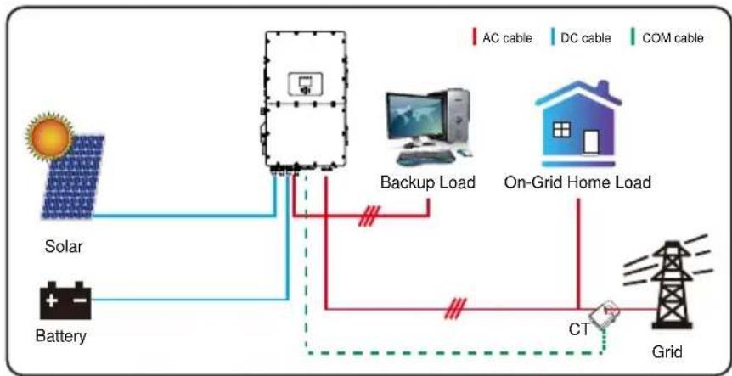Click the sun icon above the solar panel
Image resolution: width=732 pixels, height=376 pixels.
[x=49, y=137]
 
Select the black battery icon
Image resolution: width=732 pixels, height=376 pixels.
[x=65, y=300]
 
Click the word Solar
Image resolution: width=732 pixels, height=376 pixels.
[x=64, y=246]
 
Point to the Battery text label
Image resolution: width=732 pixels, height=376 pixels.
[x=61, y=336]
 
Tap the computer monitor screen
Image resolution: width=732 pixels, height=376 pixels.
[x=415, y=115]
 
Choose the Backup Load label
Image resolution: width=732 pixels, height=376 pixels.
[x=428, y=182]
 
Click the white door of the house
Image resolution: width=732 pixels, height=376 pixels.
[x=590, y=142]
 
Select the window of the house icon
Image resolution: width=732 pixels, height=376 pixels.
[x=561, y=129]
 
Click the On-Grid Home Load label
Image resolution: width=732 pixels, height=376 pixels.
[x=577, y=182]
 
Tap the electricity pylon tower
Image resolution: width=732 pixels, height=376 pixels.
[x=672, y=284]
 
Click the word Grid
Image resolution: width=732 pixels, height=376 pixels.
[x=667, y=351]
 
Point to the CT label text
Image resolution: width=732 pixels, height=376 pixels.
[x=579, y=329]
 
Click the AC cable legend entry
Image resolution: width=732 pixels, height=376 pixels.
[x=503, y=38]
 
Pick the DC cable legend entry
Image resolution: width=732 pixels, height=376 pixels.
[x=581, y=38]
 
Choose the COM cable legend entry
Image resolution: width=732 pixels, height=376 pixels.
[x=667, y=38]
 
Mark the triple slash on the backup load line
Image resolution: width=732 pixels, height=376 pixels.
[x=369, y=216]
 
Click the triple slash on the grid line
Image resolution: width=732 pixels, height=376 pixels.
[x=455, y=309]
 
